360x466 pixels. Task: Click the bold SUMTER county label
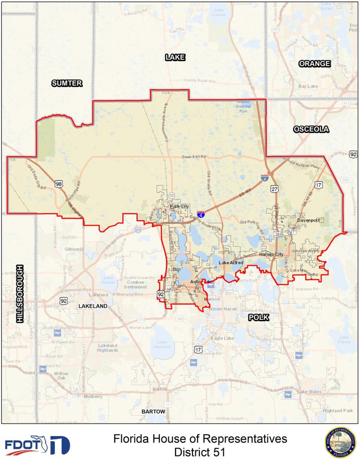pyautogui.click(x=66, y=83)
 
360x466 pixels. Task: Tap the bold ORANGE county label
pyautogui.click(x=314, y=64)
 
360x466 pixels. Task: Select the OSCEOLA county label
pyautogui.click(x=311, y=129)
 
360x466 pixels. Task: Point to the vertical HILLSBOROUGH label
pyautogui.click(x=19, y=294)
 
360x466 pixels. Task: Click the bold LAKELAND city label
pyautogui.click(x=93, y=306)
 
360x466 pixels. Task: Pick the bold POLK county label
pyautogui.click(x=259, y=318)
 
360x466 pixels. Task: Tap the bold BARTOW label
pyautogui.click(x=153, y=411)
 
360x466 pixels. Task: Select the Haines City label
pyautogui.click(x=271, y=254)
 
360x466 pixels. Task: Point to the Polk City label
pyautogui.click(x=179, y=207)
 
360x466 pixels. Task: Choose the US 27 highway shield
pyautogui.click(x=274, y=189)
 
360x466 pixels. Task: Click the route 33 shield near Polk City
pyautogui.click(x=171, y=196)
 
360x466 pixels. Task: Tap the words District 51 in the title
pyautogui.click(x=200, y=453)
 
